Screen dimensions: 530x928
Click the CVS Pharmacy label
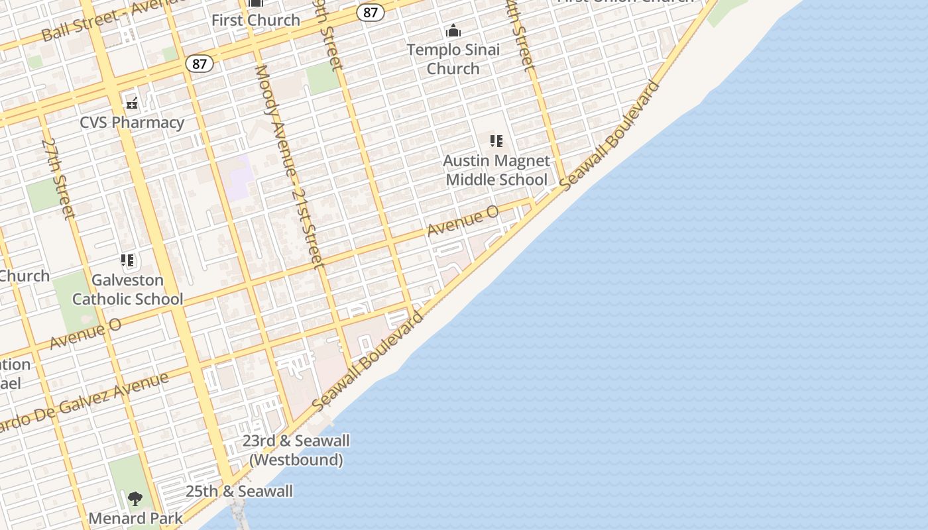click(x=132, y=123)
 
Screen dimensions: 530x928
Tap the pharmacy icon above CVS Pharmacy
click(x=132, y=103)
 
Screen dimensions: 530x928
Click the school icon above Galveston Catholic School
click(x=127, y=260)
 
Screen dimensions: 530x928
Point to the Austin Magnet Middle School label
click(x=496, y=170)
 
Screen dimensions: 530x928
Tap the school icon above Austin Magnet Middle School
click(x=496, y=141)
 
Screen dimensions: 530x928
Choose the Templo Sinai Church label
click(x=453, y=59)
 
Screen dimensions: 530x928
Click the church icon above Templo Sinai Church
click(x=453, y=30)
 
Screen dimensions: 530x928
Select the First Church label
click(x=256, y=21)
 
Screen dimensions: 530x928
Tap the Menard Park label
click(x=135, y=518)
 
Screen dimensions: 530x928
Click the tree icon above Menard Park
click(x=135, y=498)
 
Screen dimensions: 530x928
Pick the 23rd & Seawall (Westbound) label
click(x=296, y=450)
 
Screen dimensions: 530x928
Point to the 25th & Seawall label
click(x=239, y=492)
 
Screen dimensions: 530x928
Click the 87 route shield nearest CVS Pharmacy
click(x=200, y=64)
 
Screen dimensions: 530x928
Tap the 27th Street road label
click(x=58, y=178)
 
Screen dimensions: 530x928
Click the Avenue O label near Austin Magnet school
click(x=463, y=221)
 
